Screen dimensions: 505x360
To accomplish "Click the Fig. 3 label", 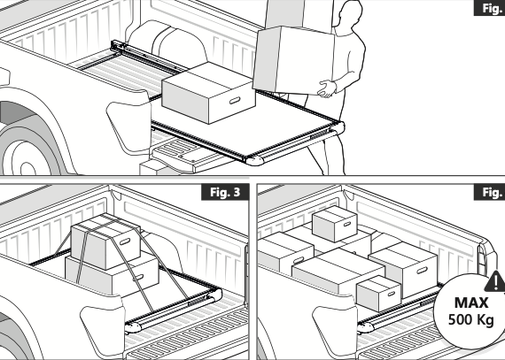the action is pyautogui.click(x=225, y=192).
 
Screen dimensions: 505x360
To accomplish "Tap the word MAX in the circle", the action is pyautogui.click(x=471, y=303).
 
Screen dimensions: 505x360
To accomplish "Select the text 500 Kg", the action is pyautogui.click(x=471, y=320).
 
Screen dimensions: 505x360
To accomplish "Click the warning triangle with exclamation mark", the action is pyautogui.click(x=495, y=281).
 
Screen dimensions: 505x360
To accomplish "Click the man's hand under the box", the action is pyautogui.click(x=326, y=88).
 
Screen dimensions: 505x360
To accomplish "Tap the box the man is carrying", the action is pyautogui.click(x=293, y=60).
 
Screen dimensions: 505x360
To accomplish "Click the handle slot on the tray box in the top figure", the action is pyautogui.click(x=235, y=100).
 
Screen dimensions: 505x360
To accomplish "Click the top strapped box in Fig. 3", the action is pyautogui.click(x=105, y=241).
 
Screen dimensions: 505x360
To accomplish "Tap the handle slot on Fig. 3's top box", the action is pyautogui.click(x=125, y=241).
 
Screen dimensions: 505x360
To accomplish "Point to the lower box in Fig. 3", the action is pyautogui.click(x=112, y=274).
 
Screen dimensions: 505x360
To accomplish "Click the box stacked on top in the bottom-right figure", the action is pyautogui.click(x=334, y=223).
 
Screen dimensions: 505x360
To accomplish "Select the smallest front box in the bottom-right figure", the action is pyautogui.click(x=378, y=293).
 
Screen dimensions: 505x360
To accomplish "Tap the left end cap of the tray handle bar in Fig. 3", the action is pyautogui.click(x=133, y=327).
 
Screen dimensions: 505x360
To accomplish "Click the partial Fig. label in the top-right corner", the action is pyautogui.click(x=490, y=8).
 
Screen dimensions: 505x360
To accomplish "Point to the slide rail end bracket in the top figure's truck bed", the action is pyautogui.click(x=116, y=45).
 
